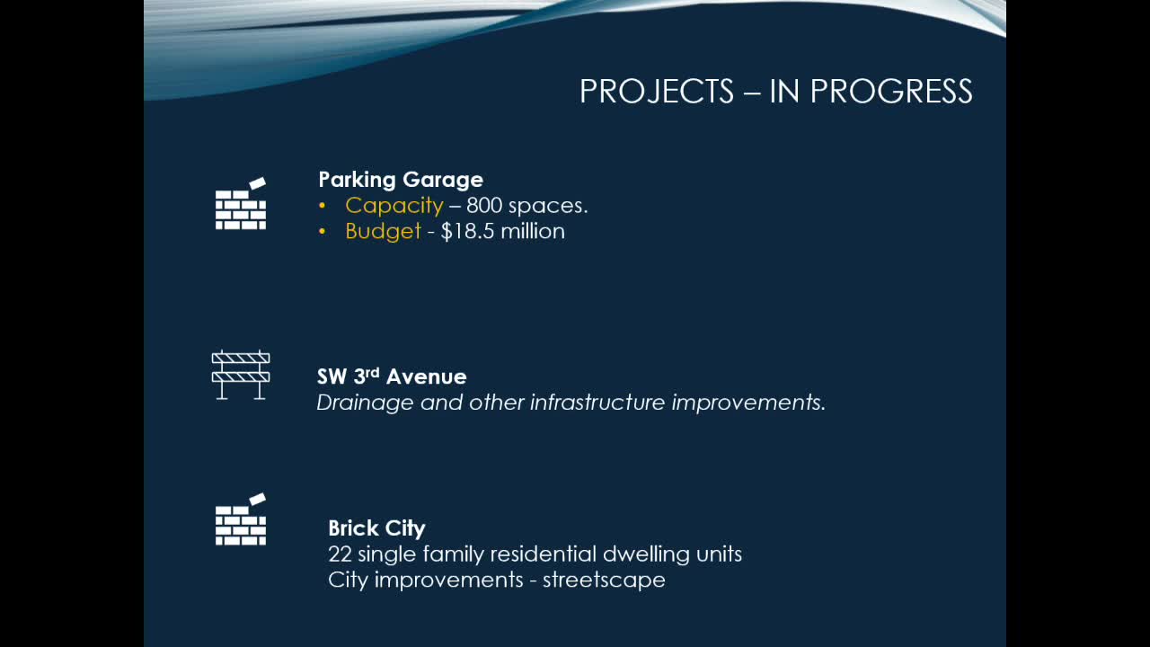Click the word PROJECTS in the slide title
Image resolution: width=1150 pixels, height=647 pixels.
click(x=657, y=92)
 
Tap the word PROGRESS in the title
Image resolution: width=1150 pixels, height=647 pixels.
click(x=891, y=92)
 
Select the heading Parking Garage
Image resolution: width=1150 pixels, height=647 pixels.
click(x=401, y=180)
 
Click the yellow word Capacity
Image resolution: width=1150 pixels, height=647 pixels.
click(x=394, y=206)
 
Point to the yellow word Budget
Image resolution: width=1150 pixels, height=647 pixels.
click(x=383, y=232)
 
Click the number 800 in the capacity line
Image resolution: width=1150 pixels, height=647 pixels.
click(x=484, y=206)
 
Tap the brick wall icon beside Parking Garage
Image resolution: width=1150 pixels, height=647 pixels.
click(x=241, y=204)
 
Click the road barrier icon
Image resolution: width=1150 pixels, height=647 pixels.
click(x=241, y=375)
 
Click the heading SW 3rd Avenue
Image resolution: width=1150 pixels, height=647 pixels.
click(x=392, y=377)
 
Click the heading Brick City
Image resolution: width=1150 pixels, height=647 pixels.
click(x=376, y=528)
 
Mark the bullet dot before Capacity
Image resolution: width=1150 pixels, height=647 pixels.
click(x=323, y=206)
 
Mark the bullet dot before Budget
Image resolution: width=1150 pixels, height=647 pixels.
click(x=323, y=232)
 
